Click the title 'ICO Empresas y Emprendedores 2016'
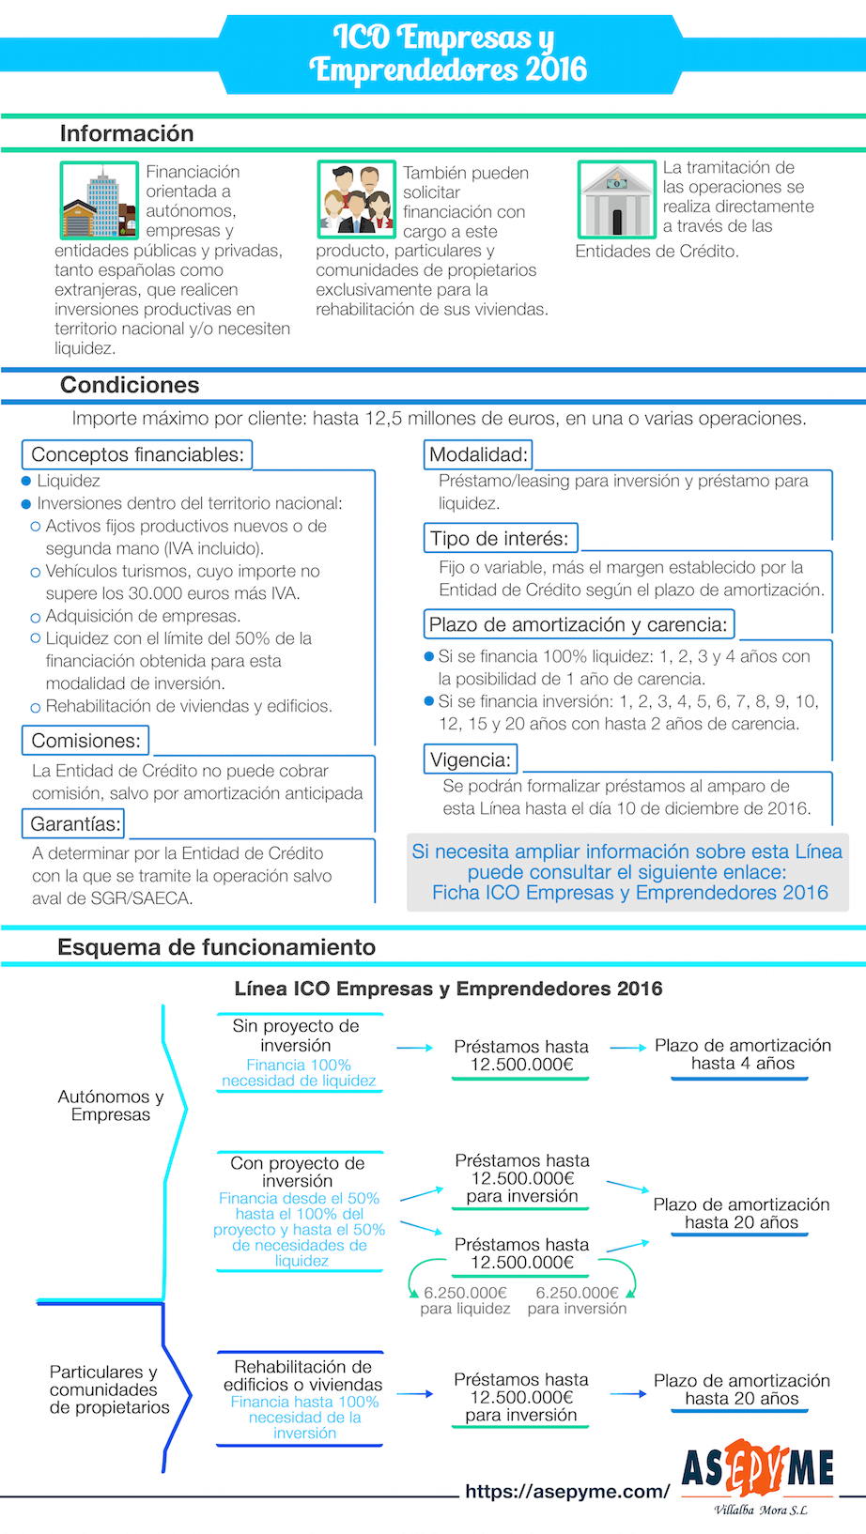447,53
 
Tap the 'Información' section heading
127,133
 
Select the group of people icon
357,200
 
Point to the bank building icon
616,200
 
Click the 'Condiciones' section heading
130,385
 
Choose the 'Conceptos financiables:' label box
137,454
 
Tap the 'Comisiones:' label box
85,741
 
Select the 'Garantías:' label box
75,824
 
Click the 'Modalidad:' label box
478,454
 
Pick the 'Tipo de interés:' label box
500,539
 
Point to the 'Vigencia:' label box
471,759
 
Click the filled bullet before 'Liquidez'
26,481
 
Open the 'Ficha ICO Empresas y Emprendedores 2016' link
629,893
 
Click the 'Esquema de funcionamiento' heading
216,947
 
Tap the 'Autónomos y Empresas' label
111,1105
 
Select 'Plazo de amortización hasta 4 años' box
742,1055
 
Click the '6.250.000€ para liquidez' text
465,1300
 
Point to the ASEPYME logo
758,1471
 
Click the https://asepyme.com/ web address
567,1491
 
